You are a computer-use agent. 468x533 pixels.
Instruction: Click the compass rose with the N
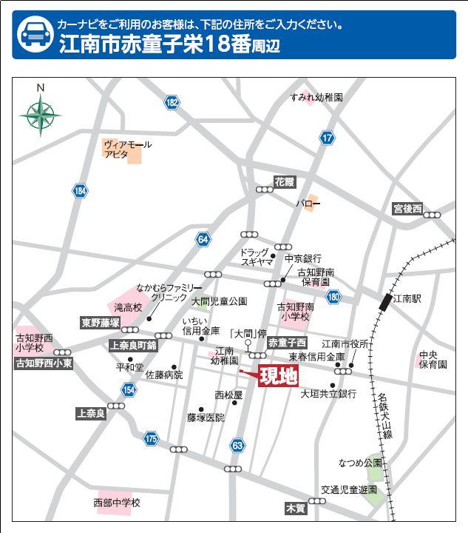coord(41,114)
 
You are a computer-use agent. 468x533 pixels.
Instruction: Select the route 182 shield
coord(172,103)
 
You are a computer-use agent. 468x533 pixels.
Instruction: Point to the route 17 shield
coord(328,137)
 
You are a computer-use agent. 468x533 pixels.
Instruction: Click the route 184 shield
coord(80,192)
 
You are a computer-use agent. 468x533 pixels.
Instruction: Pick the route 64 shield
coord(203,239)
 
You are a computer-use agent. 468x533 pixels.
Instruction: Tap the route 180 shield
coord(333,297)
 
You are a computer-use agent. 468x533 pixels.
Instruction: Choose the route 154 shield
coord(129,390)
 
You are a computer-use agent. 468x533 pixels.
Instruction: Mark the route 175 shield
coord(152,438)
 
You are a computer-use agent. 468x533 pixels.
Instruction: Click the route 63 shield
coord(237,445)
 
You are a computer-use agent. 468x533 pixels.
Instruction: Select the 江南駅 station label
coord(407,299)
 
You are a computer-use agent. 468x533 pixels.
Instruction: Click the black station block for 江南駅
coord(385,301)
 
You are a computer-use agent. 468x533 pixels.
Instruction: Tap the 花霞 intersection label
coord(285,181)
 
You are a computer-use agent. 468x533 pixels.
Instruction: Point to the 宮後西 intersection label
coord(407,209)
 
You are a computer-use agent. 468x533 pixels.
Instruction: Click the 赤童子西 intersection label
coord(287,343)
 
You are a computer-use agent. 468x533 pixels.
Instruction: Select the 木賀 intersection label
coord(295,509)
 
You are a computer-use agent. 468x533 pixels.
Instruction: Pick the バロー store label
coord(308,202)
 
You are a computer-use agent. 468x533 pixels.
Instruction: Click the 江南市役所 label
coord(345,343)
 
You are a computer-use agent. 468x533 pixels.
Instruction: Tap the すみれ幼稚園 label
coord(316,97)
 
